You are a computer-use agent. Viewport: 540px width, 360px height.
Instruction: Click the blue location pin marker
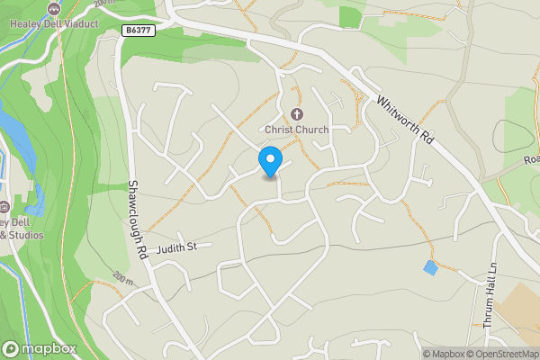coord(269,162)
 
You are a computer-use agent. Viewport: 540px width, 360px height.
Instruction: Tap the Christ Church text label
coord(296,129)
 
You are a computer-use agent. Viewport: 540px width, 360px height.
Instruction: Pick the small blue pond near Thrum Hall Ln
coord(431,267)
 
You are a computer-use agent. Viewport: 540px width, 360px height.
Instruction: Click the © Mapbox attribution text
coord(446,354)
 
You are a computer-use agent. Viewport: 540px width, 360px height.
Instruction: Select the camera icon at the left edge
coord(4,203)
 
